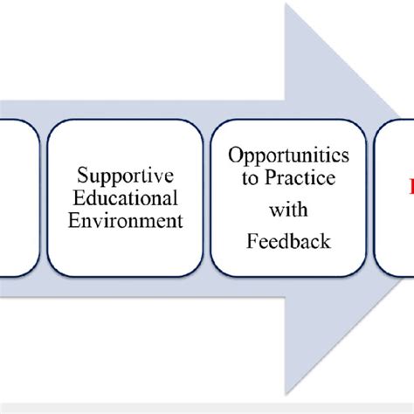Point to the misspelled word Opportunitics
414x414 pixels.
(288, 155)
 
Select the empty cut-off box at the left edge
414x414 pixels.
(17, 197)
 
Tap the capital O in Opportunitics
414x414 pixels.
(235, 155)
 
